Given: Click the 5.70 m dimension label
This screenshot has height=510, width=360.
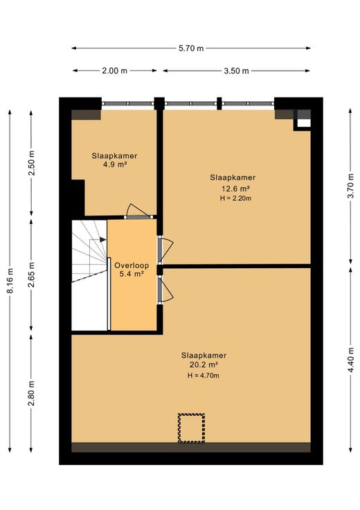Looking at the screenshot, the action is click(x=191, y=48).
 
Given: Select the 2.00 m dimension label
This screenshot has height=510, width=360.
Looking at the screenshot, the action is click(x=115, y=71).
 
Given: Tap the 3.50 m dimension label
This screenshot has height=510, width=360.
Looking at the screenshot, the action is click(x=236, y=71).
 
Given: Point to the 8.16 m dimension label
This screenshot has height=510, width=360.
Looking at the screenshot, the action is click(x=10, y=281).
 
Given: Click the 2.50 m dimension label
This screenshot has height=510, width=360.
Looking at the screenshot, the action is click(x=32, y=163).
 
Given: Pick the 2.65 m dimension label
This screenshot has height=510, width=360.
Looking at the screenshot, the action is click(x=32, y=275).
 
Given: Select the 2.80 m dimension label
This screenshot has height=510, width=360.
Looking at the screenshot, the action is click(x=32, y=394).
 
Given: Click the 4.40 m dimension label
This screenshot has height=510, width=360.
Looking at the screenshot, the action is click(x=350, y=360).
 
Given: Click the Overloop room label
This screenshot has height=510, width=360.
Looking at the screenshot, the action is click(x=132, y=265).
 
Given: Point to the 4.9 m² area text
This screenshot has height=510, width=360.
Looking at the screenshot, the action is click(x=115, y=165).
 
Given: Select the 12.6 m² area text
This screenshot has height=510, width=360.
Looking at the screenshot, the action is click(x=235, y=188).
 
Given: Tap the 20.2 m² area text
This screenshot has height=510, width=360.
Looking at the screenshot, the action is click(x=204, y=364).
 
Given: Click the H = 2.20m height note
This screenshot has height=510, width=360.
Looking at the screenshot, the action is click(x=235, y=198).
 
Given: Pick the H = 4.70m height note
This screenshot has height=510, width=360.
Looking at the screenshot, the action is click(x=204, y=376).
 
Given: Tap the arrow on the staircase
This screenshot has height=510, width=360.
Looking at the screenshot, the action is click(x=98, y=240).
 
